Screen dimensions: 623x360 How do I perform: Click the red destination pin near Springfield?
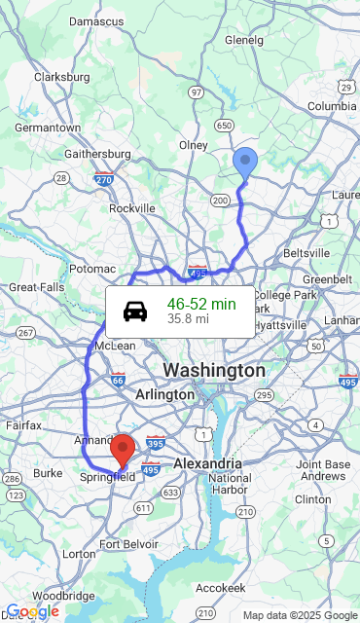[x=123, y=450]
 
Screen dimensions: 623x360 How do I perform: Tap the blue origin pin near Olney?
[x=245, y=163]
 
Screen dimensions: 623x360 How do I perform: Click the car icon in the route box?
[x=135, y=311]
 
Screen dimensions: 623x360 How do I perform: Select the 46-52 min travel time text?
[x=201, y=304]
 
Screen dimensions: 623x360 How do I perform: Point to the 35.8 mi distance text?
[x=188, y=319]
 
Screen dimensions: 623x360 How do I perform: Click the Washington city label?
[x=213, y=371]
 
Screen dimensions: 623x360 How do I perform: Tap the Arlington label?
[x=164, y=395]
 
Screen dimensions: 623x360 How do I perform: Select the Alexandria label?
[x=207, y=463]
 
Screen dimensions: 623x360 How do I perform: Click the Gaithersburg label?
[x=97, y=154]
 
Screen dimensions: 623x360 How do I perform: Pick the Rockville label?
[x=132, y=208]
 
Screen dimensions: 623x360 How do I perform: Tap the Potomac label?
[x=92, y=269]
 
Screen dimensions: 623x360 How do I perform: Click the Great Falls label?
[x=36, y=287]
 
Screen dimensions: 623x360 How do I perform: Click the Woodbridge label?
[x=62, y=595]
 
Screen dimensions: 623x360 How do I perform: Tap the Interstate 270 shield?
[x=104, y=179]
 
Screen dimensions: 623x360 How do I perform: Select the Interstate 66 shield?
[x=118, y=380]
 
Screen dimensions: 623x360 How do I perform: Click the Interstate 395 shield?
[x=156, y=443]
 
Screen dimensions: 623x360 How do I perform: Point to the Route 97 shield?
[x=197, y=92]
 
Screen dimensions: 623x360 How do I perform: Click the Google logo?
[x=32, y=611]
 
